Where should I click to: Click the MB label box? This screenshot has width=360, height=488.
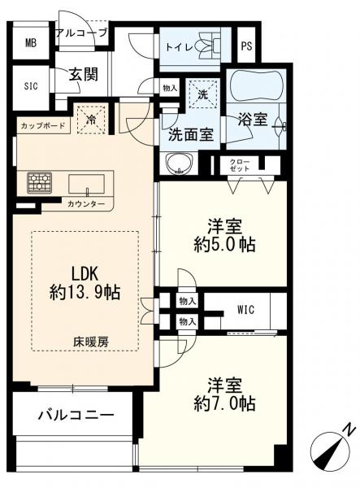pyautogui.click(x=31, y=44)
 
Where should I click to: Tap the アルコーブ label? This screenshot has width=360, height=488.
pyautogui.click(x=80, y=33)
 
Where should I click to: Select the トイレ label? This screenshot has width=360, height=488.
pyautogui.click(x=180, y=46)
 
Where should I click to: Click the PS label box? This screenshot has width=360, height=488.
pyautogui.click(x=247, y=46)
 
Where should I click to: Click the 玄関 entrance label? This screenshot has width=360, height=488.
pyautogui.click(x=83, y=75)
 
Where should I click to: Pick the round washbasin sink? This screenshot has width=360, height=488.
pyautogui.click(x=178, y=166)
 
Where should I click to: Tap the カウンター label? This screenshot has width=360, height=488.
pyautogui.click(x=85, y=203)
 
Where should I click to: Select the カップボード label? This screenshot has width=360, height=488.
pyautogui.click(x=43, y=127)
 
